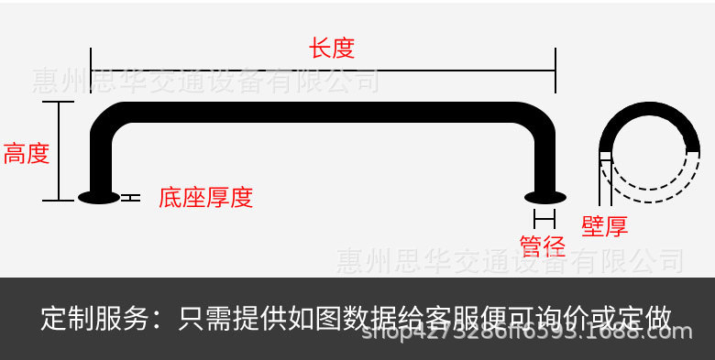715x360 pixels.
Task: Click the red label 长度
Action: pos(332,48)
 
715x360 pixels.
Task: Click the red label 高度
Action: pos(26,153)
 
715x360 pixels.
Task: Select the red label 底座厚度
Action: pos(205,197)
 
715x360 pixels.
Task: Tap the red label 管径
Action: pos(543,245)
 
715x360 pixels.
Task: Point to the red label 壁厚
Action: pos(605,226)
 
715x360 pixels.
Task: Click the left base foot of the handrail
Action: pos(99,196)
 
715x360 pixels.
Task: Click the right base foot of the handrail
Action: pos(544,196)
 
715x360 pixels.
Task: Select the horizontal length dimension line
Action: pos(323,70)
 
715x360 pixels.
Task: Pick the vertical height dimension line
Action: pos(59,151)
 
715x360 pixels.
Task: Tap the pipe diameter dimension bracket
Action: pos(544,218)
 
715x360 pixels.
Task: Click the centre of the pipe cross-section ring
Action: pos(649,152)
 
